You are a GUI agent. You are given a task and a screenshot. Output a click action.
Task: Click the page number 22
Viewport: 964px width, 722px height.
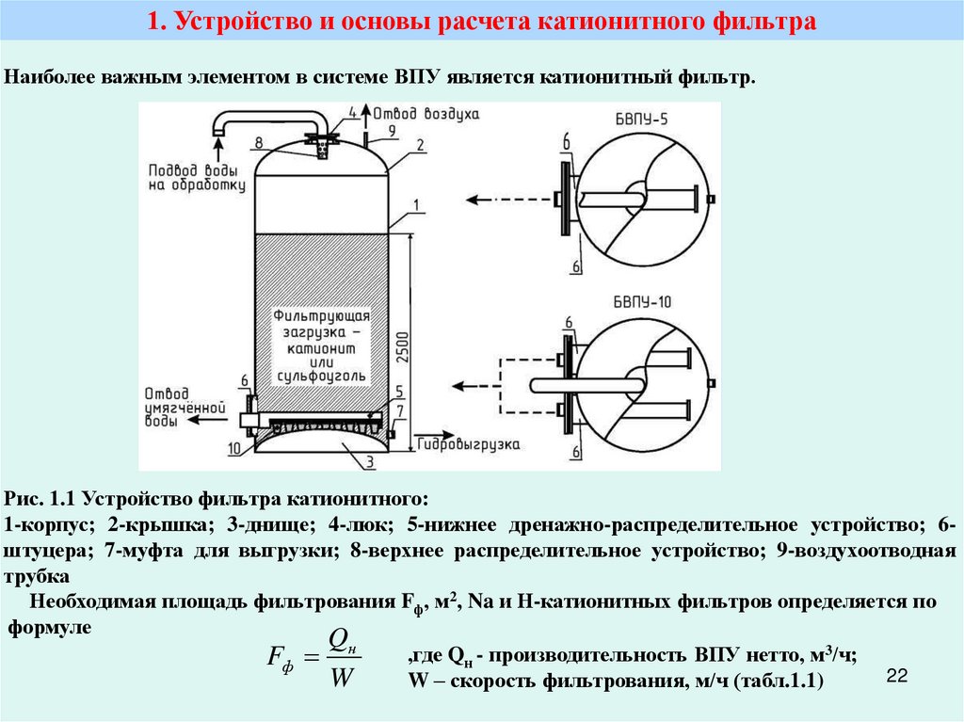point(896,676)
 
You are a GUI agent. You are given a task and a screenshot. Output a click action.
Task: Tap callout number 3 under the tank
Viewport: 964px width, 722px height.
point(370,460)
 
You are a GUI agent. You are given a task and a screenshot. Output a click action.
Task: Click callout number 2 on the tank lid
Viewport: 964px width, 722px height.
point(421,143)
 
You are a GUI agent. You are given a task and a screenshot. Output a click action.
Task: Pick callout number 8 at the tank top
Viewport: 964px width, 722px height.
point(256,143)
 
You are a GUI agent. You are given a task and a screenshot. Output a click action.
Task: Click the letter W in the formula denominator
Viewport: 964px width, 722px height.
point(340,678)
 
